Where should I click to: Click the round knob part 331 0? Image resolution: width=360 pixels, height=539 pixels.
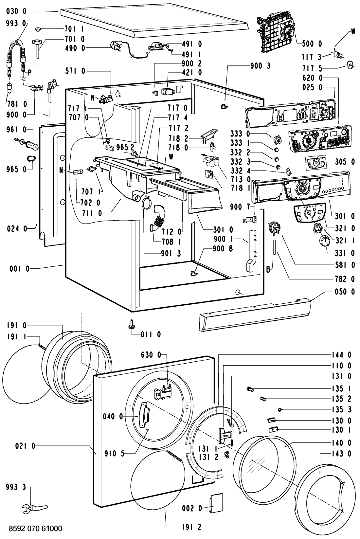coord(324,243)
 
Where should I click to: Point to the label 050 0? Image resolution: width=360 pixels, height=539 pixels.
coord(345,292)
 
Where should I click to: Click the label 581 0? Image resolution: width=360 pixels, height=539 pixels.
coord(345,264)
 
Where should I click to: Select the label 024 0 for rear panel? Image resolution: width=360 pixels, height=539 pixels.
coord(17,229)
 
